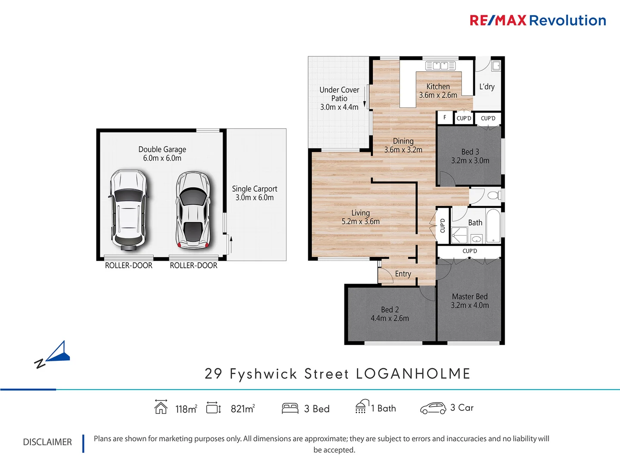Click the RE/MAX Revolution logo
pyautogui.click(x=537, y=20)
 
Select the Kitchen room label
pyautogui.click(x=438, y=87)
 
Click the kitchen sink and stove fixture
pyautogui.click(x=440, y=66)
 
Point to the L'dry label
pyautogui.click(x=487, y=87)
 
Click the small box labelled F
pyautogui.click(x=445, y=118)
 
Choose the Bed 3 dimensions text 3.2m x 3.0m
pyautogui.click(x=470, y=161)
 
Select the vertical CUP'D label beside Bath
pyautogui.click(x=442, y=226)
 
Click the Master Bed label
pyautogui.click(x=470, y=296)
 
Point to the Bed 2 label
pyautogui.click(x=390, y=310)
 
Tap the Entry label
pyautogui.click(x=403, y=274)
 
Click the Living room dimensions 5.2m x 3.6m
pyautogui.click(x=360, y=222)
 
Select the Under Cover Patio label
pyautogui.click(x=339, y=94)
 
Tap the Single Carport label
pyautogui.click(x=254, y=189)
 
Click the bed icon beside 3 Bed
pyautogui.click(x=290, y=408)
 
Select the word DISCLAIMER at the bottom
pyautogui.click(x=47, y=442)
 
